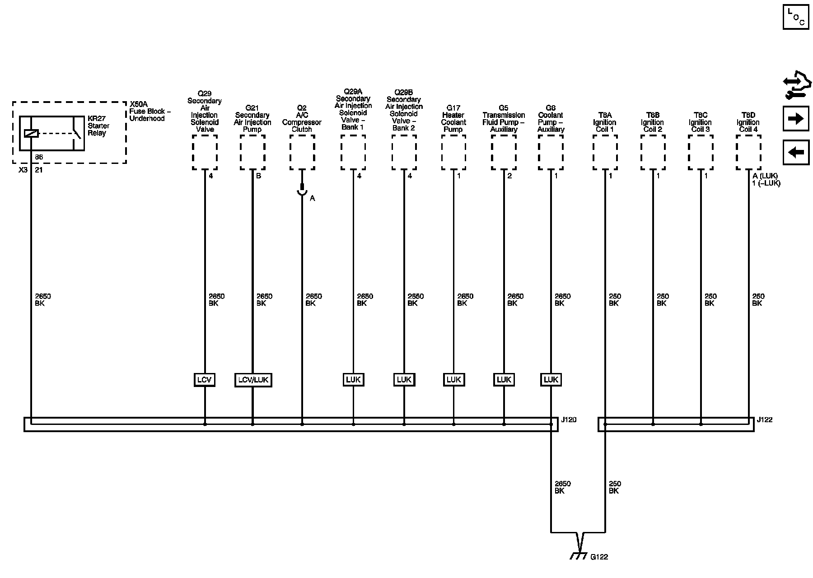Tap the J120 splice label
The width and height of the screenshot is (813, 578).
coord(569,420)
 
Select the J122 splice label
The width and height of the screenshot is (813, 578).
coord(765,420)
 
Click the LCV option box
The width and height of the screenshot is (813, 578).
coord(204,380)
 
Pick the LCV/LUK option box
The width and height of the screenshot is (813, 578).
coord(253,380)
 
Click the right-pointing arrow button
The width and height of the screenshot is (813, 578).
coord(796,119)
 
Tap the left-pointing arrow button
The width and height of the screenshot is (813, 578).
coord(796,152)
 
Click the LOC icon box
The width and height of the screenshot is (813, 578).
coord(796,17)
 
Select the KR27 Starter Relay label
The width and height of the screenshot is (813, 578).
coord(98,126)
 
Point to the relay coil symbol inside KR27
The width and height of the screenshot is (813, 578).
coord(31,133)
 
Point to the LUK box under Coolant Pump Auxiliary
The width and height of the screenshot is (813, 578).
coord(551,380)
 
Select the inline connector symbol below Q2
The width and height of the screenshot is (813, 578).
coord(302,191)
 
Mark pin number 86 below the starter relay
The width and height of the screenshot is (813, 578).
coord(39,157)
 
